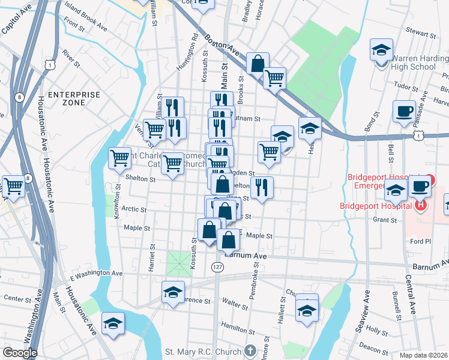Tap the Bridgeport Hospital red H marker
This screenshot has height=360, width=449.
click(421, 205)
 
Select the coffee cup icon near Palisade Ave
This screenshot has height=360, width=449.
click(404, 111)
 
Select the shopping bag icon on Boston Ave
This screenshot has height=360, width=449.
click(258, 62)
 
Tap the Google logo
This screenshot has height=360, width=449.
click(20, 353)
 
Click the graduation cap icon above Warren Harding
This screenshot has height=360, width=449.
click(381, 50)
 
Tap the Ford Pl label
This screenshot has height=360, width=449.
click(417, 241)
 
